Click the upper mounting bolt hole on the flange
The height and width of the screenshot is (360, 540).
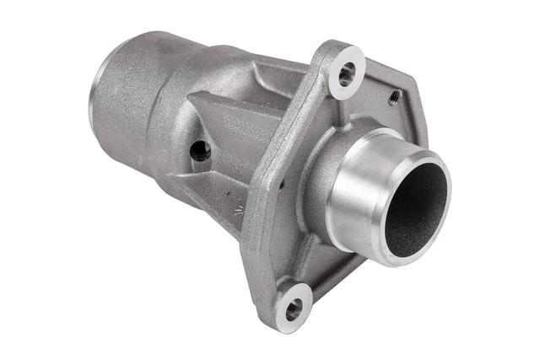(x=346, y=74)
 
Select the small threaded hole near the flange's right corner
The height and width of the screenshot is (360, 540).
(x=393, y=100)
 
